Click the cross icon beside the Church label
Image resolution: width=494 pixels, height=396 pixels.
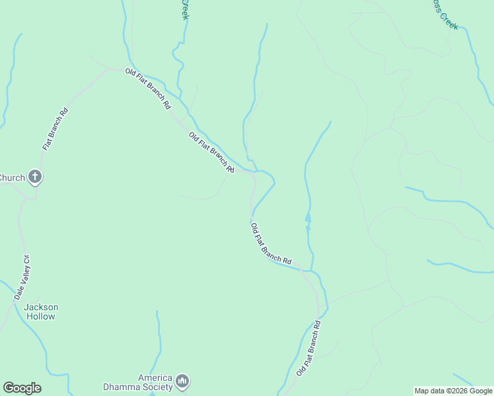(x=36, y=177)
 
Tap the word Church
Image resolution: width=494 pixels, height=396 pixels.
(x=12, y=178)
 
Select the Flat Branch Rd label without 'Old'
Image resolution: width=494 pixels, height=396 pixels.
(x=55, y=128)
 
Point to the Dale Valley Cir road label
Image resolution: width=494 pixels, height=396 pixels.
(x=22, y=278)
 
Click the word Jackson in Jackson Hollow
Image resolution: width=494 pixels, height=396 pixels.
(x=41, y=307)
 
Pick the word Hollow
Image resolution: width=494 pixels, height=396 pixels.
(x=41, y=316)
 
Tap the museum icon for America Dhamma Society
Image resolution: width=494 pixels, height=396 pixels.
(x=183, y=381)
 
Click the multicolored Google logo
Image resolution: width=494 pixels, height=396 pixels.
(x=22, y=388)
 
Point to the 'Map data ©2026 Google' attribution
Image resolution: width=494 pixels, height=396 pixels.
(x=453, y=391)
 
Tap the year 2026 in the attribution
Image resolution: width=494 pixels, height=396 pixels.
(x=455, y=391)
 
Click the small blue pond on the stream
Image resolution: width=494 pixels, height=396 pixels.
(x=308, y=217)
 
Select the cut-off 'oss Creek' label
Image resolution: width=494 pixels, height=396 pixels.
(x=444, y=15)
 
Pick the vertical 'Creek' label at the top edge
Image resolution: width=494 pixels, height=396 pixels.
(x=186, y=9)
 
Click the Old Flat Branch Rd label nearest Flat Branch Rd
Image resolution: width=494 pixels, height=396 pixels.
(x=148, y=88)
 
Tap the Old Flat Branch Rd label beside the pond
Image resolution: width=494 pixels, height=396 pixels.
(x=271, y=244)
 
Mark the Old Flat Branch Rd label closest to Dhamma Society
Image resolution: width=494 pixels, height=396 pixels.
(x=308, y=348)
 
